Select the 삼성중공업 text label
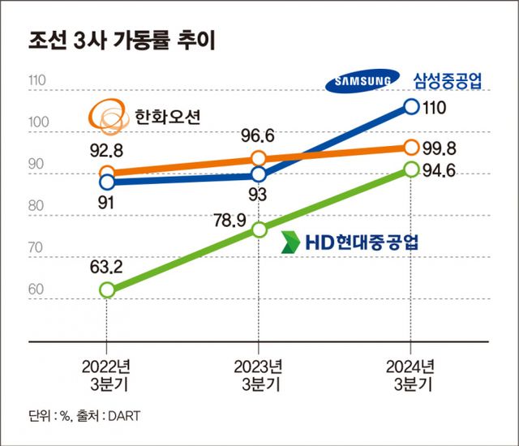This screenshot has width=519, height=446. pyautogui.click(x=448, y=79)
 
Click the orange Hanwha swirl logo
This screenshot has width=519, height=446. pyautogui.click(x=108, y=116)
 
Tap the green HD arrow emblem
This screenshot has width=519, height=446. pyautogui.click(x=290, y=241)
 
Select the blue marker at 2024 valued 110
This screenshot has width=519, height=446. pyautogui.click(x=410, y=106)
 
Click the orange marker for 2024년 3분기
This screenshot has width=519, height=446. pyautogui.click(x=410, y=147)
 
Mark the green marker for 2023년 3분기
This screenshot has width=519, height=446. pyautogui.click(x=258, y=229)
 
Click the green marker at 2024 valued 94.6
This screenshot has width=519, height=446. pyautogui.click(x=410, y=169)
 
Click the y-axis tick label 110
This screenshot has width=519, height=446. pyautogui.click(x=37, y=82)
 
